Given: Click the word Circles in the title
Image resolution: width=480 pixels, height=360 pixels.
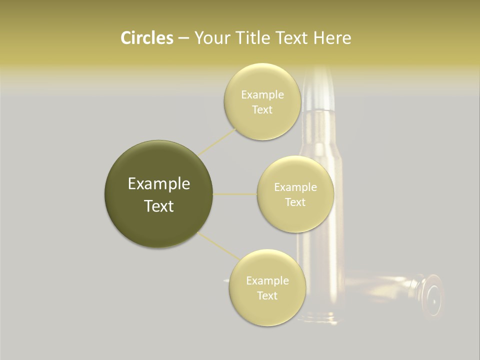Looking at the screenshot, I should tap(147, 38).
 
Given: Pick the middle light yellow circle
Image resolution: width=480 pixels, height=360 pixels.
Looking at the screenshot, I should tap(295, 217).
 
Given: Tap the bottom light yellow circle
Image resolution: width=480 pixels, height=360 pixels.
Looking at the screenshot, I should tap(267, 310).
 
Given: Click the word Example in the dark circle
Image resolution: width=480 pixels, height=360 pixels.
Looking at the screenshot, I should tap(159, 184).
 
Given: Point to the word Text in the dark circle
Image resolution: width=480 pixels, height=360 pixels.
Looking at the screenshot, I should tap(159, 206).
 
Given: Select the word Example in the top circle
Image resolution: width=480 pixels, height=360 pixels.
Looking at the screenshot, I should tap(262, 95).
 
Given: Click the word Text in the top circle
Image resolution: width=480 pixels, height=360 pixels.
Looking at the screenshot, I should tap(262, 110).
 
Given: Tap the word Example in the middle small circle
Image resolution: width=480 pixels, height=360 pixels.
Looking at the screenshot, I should tap(295, 187).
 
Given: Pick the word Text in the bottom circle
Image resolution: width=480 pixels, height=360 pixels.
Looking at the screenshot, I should tap(267, 295).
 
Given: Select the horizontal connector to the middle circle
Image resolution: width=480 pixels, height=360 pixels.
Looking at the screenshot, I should tap(235, 194).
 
